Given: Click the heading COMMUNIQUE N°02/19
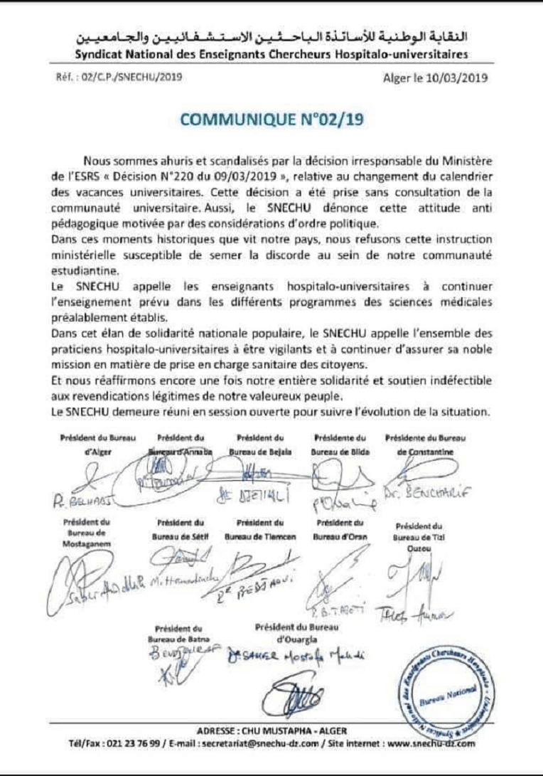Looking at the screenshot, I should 271,120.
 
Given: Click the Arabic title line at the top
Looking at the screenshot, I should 271,37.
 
